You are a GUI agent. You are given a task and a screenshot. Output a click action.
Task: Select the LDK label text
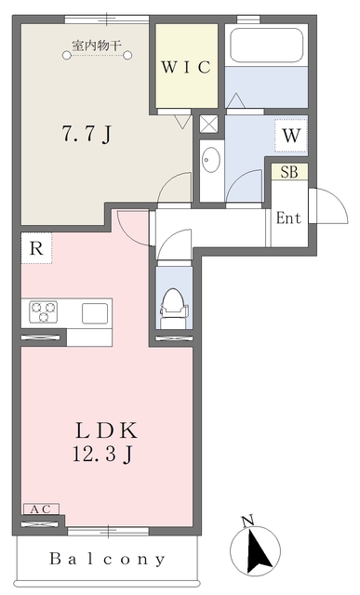[107, 430]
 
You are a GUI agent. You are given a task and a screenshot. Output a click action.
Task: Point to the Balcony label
[108, 560]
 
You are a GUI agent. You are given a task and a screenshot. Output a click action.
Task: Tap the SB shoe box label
[288, 172]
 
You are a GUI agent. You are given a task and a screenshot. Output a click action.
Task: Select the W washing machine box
[291, 136]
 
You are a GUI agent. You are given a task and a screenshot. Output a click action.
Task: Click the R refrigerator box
[35, 248]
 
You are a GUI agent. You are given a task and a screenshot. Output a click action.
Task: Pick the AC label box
[41, 509]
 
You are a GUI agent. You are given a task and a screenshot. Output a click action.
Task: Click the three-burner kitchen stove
[43, 311]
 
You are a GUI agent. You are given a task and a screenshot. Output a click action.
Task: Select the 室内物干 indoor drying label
[97, 43]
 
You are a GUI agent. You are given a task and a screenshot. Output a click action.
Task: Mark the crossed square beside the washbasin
[209, 124]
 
